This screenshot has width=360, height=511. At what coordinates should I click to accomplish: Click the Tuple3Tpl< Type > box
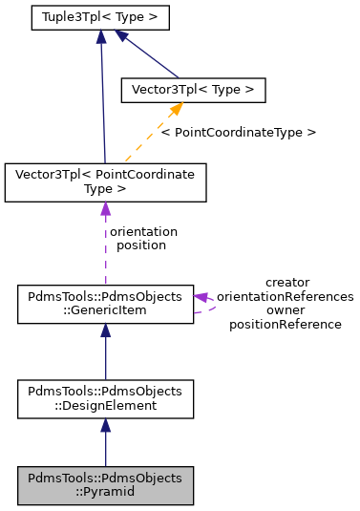(x=99, y=17)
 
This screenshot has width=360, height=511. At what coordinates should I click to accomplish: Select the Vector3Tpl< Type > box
(x=192, y=90)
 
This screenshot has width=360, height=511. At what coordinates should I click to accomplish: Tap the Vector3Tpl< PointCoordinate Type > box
(x=105, y=182)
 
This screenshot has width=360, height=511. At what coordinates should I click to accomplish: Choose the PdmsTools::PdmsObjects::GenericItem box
(x=105, y=303)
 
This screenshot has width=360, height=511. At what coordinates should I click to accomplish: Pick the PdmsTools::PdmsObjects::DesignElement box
(x=105, y=399)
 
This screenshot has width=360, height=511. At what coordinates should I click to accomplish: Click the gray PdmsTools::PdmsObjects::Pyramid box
(x=105, y=485)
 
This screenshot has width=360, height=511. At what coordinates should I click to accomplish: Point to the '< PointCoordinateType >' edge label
(x=238, y=132)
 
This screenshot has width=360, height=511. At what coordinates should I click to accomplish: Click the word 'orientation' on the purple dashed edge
(x=143, y=231)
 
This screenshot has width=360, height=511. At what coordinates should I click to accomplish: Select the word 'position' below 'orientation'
(x=141, y=245)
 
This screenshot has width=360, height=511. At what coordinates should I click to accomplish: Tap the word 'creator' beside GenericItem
(x=286, y=282)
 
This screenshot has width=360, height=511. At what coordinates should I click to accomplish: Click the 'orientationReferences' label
(x=286, y=296)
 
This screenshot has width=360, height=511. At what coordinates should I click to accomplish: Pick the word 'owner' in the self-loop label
(x=286, y=310)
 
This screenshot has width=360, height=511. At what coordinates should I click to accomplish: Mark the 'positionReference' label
(x=286, y=325)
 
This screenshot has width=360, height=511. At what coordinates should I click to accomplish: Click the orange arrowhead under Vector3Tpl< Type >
(x=177, y=110)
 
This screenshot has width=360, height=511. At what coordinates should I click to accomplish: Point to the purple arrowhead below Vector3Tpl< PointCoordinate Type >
(x=105, y=209)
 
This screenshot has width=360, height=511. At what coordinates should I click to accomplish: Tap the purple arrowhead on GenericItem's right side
(x=202, y=297)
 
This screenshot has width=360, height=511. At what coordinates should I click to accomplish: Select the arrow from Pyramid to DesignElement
(x=105, y=444)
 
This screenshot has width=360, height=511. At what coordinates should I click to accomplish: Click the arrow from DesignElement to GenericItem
(x=105, y=353)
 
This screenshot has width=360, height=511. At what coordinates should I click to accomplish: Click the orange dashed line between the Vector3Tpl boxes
(x=143, y=138)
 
